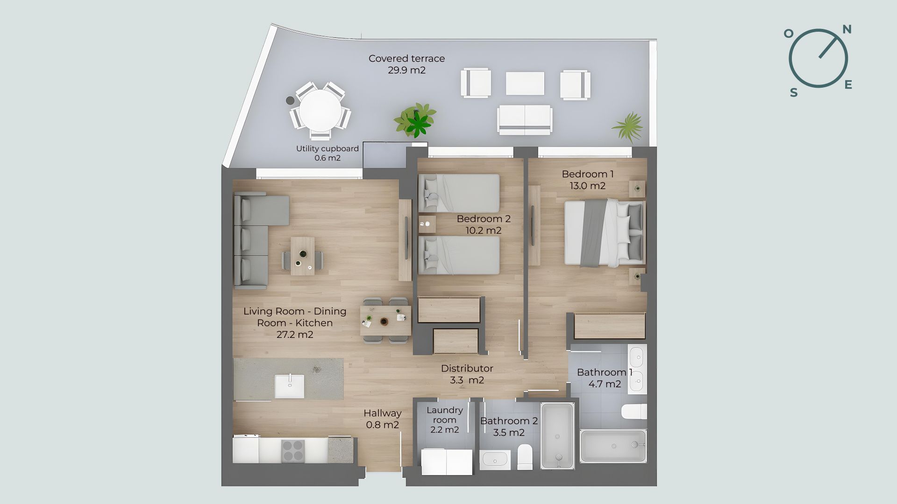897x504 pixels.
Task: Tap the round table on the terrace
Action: tap(320, 111)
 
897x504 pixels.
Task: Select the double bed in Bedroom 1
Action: tap(605, 233)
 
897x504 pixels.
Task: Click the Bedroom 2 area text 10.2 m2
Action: tap(484, 231)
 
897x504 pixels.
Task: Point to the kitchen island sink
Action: tap(289, 386)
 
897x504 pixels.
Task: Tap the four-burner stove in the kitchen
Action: tap(293, 451)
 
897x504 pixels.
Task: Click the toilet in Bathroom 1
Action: tap(634, 412)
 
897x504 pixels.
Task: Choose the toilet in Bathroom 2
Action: tap(525, 456)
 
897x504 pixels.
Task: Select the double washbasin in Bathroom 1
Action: tap(637, 369)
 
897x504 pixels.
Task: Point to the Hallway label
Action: tap(383, 413)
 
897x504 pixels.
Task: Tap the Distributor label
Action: tap(467, 369)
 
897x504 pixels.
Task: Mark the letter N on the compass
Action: tap(847, 30)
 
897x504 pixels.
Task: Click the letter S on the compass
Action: tap(794, 93)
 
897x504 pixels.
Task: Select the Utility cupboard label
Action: tap(327, 148)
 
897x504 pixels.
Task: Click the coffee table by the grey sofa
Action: tap(303, 256)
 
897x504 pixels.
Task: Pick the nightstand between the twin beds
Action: tap(427, 224)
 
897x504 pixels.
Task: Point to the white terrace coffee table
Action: tap(525, 84)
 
